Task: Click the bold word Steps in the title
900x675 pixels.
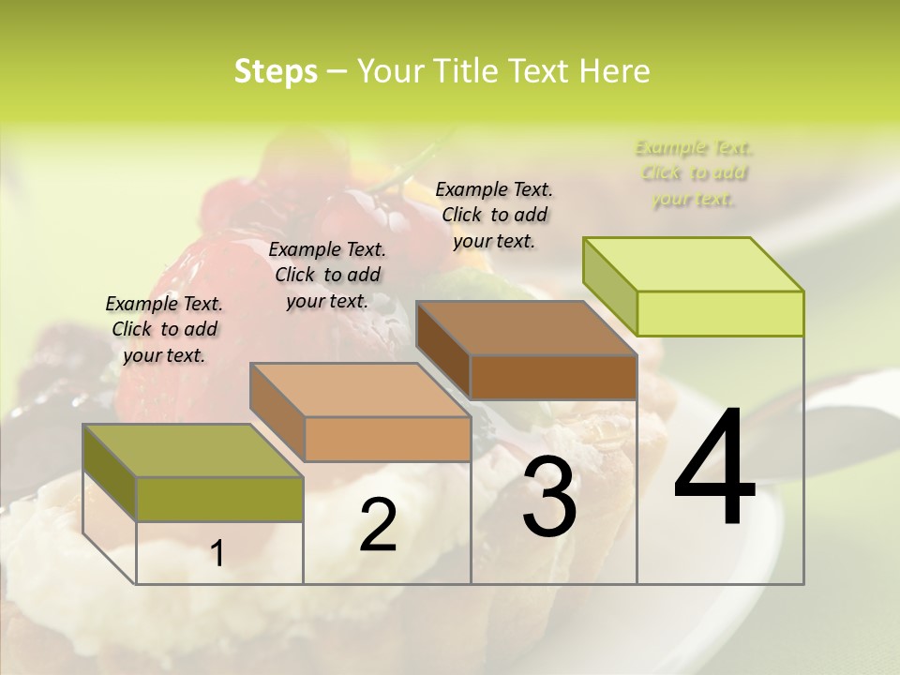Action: pyautogui.click(x=276, y=71)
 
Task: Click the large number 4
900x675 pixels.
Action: pyautogui.click(x=714, y=468)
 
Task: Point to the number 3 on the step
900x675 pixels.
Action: pyautogui.click(x=548, y=496)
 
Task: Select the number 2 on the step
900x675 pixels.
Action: pyautogui.click(x=378, y=525)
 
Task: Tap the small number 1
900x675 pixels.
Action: pyautogui.click(x=217, y=554)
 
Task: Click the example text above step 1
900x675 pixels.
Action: pyautogui.click(x=164, y=329)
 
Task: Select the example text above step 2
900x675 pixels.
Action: pyautogui.click(x=327, y=275)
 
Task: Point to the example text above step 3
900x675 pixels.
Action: pyautogui.click(x=494, y=215)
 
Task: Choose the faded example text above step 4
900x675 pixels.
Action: pyautogui.click(x=694, y=172)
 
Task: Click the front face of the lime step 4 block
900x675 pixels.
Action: pyautogui.click(x=720, y=313)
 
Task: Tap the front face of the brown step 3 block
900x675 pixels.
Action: pyautogui.click(x=553, y=377)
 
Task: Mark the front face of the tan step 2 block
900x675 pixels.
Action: pyautogui.click(x=387, y=439)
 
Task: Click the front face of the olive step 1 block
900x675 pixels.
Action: pyautogui.click(x=219, y=499)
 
